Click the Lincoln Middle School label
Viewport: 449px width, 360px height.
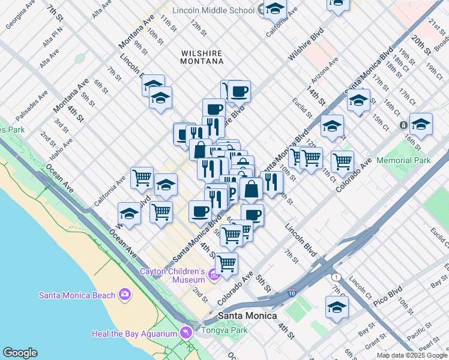(x=213, y=10)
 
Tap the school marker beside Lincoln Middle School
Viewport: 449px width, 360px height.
(x=276, y=10)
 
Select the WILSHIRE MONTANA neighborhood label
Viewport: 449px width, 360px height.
(x=202, y=56)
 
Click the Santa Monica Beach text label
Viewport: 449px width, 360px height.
(x=76, y=295)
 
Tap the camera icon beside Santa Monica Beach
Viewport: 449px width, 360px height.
(x=124, y=294)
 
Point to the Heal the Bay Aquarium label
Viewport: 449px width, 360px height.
(x=134, y=334)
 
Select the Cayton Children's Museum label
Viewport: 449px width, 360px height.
(x=173, y=275)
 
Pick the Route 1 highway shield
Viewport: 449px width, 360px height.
(x=336, y=277)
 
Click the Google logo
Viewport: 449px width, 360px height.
(x=20, y=353)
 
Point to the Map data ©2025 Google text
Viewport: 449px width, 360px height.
(x=412, y=355)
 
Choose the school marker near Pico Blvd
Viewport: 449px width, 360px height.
(x=337, y=307)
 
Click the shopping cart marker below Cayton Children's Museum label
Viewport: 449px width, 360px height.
(x=227, y=263)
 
